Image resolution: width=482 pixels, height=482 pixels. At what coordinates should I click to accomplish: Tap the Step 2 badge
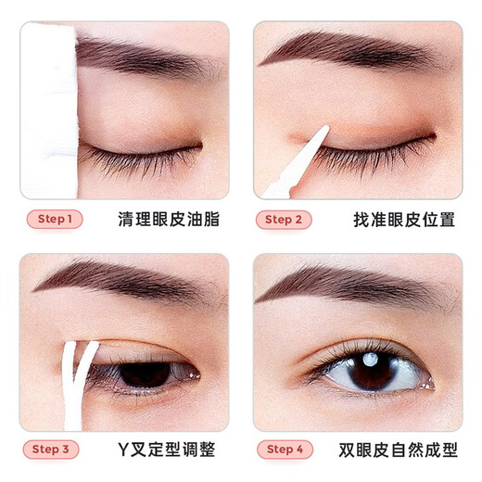tap(284, 220)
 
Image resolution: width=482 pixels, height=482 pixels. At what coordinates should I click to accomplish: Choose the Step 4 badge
tap(284, 450)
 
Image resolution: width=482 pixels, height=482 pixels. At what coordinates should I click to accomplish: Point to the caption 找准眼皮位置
tap(391, 220)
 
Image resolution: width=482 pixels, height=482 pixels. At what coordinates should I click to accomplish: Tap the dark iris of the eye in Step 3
tap(145, 373)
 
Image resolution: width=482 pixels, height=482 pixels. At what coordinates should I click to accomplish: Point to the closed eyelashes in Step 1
tap(139, 159)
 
